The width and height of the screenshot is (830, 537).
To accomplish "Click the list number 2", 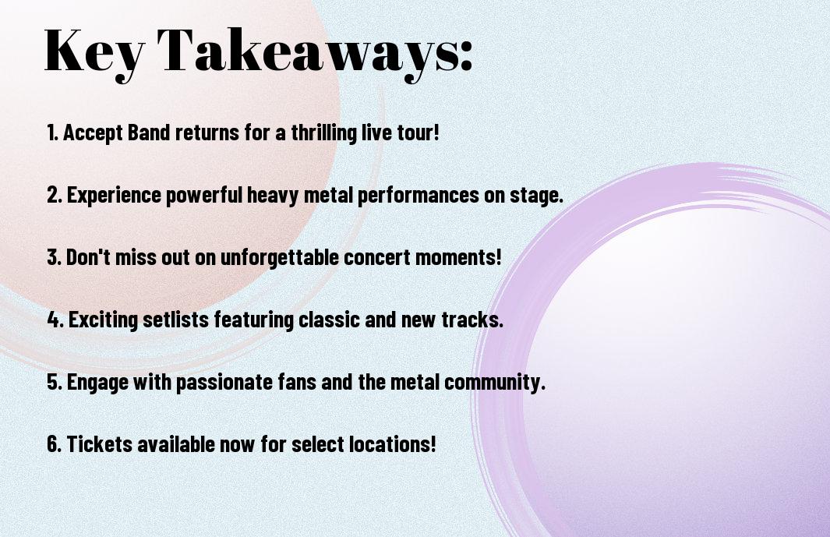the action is pos(54,195).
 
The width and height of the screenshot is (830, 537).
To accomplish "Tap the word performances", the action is pos(419,195).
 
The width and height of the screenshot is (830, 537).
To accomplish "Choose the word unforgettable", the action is pos(280,258).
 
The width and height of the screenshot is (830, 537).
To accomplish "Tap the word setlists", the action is pos(175,320).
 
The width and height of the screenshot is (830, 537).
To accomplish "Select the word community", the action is pos(494,383).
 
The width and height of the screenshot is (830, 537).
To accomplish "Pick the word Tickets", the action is pos(100,444).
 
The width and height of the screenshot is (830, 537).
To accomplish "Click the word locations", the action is pos(394,444).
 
